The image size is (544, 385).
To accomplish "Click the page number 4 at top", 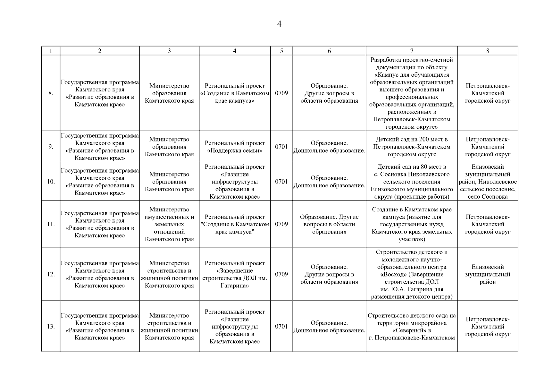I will pos(279,24).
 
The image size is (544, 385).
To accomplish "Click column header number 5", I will pos(281,51).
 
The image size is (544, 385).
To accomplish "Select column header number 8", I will pos(487,51).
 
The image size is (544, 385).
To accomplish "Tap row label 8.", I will pos(51,93).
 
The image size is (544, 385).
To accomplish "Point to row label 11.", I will pos(51,224).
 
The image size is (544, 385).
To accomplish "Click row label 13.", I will pos(51,327).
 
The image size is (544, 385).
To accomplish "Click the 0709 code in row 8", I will pos(281,93).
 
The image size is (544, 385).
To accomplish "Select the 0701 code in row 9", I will pos(281,147).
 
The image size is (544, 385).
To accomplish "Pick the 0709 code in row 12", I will pos(281,274).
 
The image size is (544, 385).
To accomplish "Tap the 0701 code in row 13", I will pos(281,327).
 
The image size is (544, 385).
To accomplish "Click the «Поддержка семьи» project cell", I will pos(235,147).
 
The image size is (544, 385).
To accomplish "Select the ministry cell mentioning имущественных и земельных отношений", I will pos(169,224).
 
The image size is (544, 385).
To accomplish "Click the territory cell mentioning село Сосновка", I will pos(487,182).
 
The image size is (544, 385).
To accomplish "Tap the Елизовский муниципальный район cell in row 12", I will pos(487,274).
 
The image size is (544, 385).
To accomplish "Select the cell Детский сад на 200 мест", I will pos(412,147).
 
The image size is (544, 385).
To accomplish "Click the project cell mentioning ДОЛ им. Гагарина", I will pos(235,274).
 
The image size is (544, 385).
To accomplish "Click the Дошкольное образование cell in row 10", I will pos(329,182).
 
